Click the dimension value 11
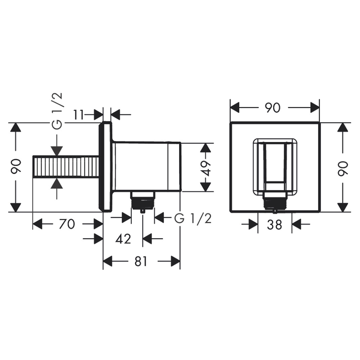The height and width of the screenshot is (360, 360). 79,115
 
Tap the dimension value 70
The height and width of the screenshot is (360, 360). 67,224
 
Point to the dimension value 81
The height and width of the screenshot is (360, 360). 140,261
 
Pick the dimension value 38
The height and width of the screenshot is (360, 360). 275,225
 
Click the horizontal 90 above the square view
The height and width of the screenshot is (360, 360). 273,108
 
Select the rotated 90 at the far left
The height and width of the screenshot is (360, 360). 16,166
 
